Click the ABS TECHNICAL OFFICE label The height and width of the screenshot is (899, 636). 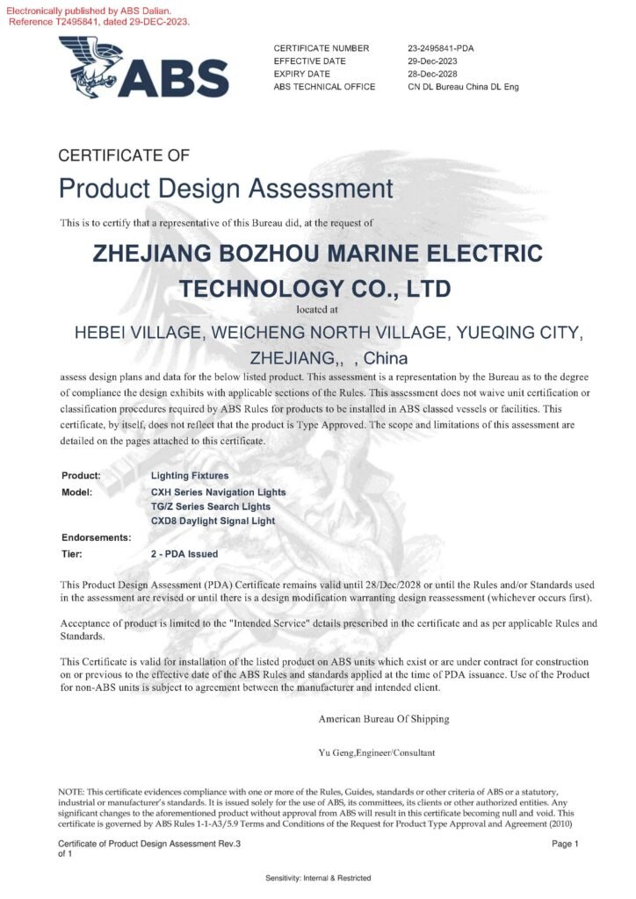coord(324,87)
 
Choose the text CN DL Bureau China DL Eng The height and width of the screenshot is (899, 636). coord(462,87)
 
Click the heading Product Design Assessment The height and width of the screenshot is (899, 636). coord(226,188)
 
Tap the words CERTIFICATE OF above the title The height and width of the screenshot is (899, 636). coord(124,156)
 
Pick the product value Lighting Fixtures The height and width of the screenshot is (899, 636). coord(190,476)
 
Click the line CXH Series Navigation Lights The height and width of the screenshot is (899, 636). coord(219,493)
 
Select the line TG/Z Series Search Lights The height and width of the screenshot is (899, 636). coord(211,507)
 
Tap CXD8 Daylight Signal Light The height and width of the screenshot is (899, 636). coord(213,521)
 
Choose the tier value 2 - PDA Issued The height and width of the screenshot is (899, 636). coord(184,554)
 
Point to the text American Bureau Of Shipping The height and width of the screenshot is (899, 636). coord(384,719)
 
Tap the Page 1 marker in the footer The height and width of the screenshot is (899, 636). coord(565,844)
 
